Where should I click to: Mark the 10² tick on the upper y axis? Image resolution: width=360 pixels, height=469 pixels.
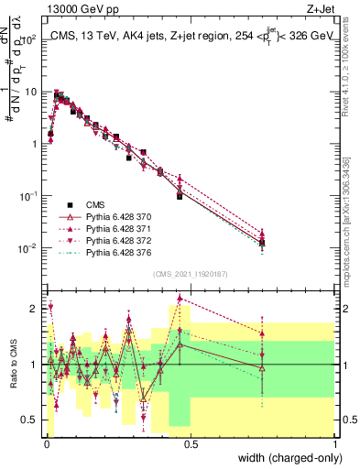[27, 40]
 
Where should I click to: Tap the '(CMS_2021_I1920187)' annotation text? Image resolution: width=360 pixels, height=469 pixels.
[189, 274]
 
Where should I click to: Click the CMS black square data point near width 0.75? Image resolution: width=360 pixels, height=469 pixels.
[262, 243]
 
